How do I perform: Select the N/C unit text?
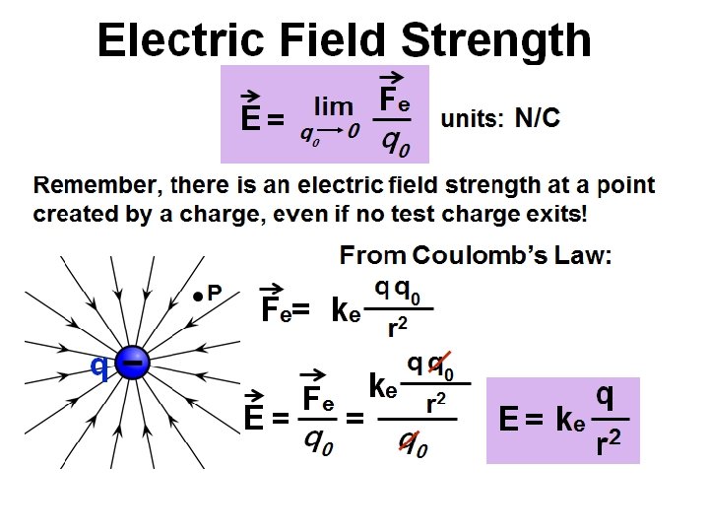[538, 119]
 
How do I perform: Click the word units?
[472, 120]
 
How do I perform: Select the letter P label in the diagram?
[215, 293]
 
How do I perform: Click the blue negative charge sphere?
[132, 364]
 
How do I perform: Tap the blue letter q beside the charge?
[98, 366]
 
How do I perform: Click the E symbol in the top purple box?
[250, 119]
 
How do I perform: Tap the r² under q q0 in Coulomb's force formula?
[398, 329]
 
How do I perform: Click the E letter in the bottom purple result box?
[509, 421]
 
